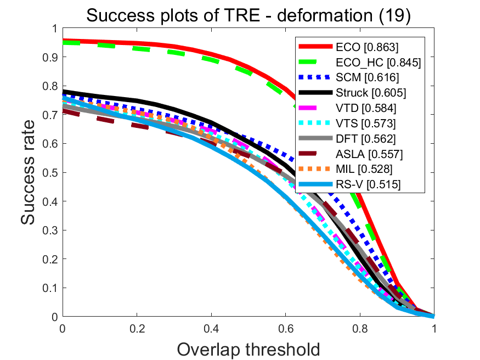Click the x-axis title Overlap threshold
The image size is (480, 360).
click(249, 348)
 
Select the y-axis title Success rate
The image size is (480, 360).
click(30, 172)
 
